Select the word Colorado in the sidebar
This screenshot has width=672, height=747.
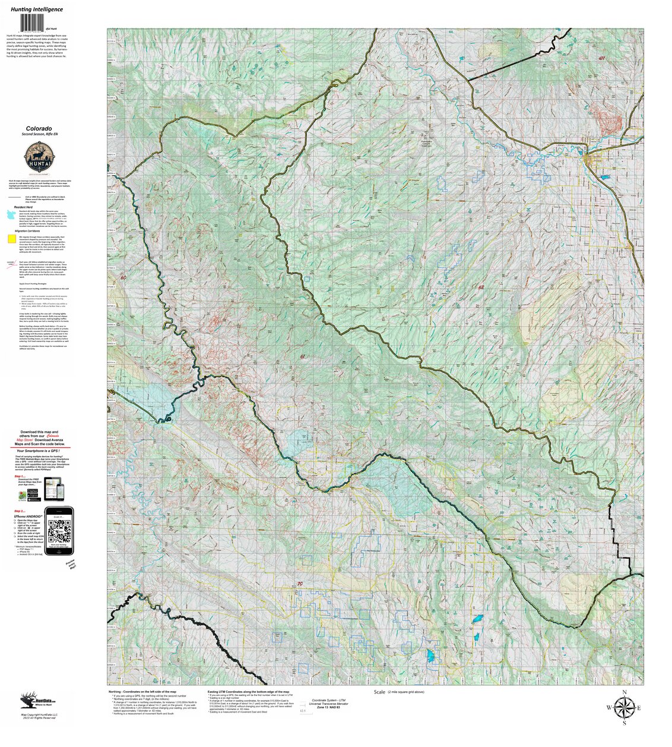(x=39, y=128)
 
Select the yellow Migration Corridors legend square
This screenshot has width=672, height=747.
(x=11, y=239)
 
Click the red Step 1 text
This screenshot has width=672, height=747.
(x=20, y=477)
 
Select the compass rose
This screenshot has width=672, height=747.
(x=623, y=707)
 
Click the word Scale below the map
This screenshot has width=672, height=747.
(x=379, y=692)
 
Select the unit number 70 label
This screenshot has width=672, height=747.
(x=300, y=584)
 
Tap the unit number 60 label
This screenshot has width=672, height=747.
(x=123, y=278)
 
